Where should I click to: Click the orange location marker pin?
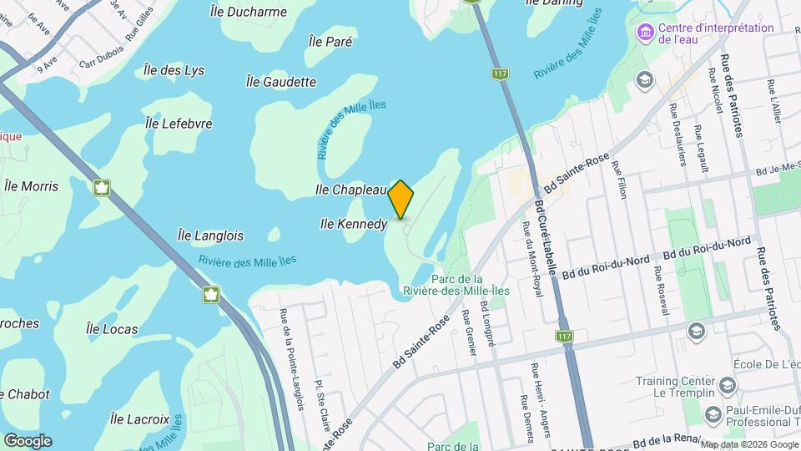pyautogui.click(x=401, y=199)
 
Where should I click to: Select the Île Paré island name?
pyautogui.click(x=330, y=41)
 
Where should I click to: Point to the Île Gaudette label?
pyautogui.click(x=281, y=82)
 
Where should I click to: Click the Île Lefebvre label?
pyautogui.click(x=179, y=124)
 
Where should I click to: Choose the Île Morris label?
pyautogui.click(x=32, y=185)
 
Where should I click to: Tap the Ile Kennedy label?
pyautogui.click(x=354, y=224)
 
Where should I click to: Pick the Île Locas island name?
pyautogui.click(x=112, y=329)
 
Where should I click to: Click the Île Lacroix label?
pyautogui.click(x=139, y=418)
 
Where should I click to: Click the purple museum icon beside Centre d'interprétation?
pyautogui.click(x=644, y=34)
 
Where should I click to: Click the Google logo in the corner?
pyautogui.click(x=28, y=441)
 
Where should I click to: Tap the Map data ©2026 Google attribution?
pyautogui.click(x=749, y=444)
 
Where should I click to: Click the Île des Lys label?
pyautogui.click(x=174, y=70)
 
